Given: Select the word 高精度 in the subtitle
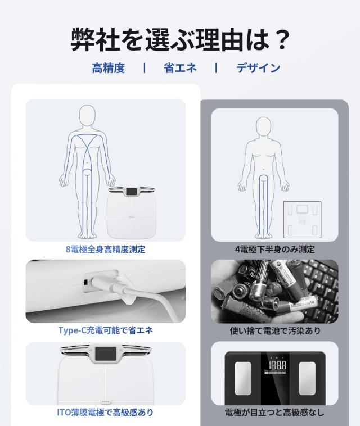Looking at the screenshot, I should pos(108,69).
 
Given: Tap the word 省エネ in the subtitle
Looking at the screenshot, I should pos(180,69).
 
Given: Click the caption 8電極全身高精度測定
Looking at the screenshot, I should pos(105,250).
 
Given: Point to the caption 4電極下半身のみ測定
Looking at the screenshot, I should pos(274,250).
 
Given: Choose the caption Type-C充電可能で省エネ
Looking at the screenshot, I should pos(105,330).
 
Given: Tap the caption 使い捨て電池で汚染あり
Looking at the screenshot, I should pos(274,330).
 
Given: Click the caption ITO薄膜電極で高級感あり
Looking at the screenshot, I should pos(105,413).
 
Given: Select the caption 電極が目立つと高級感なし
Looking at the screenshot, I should pos(274,413).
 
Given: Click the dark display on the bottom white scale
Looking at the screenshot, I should pos(105,356).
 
